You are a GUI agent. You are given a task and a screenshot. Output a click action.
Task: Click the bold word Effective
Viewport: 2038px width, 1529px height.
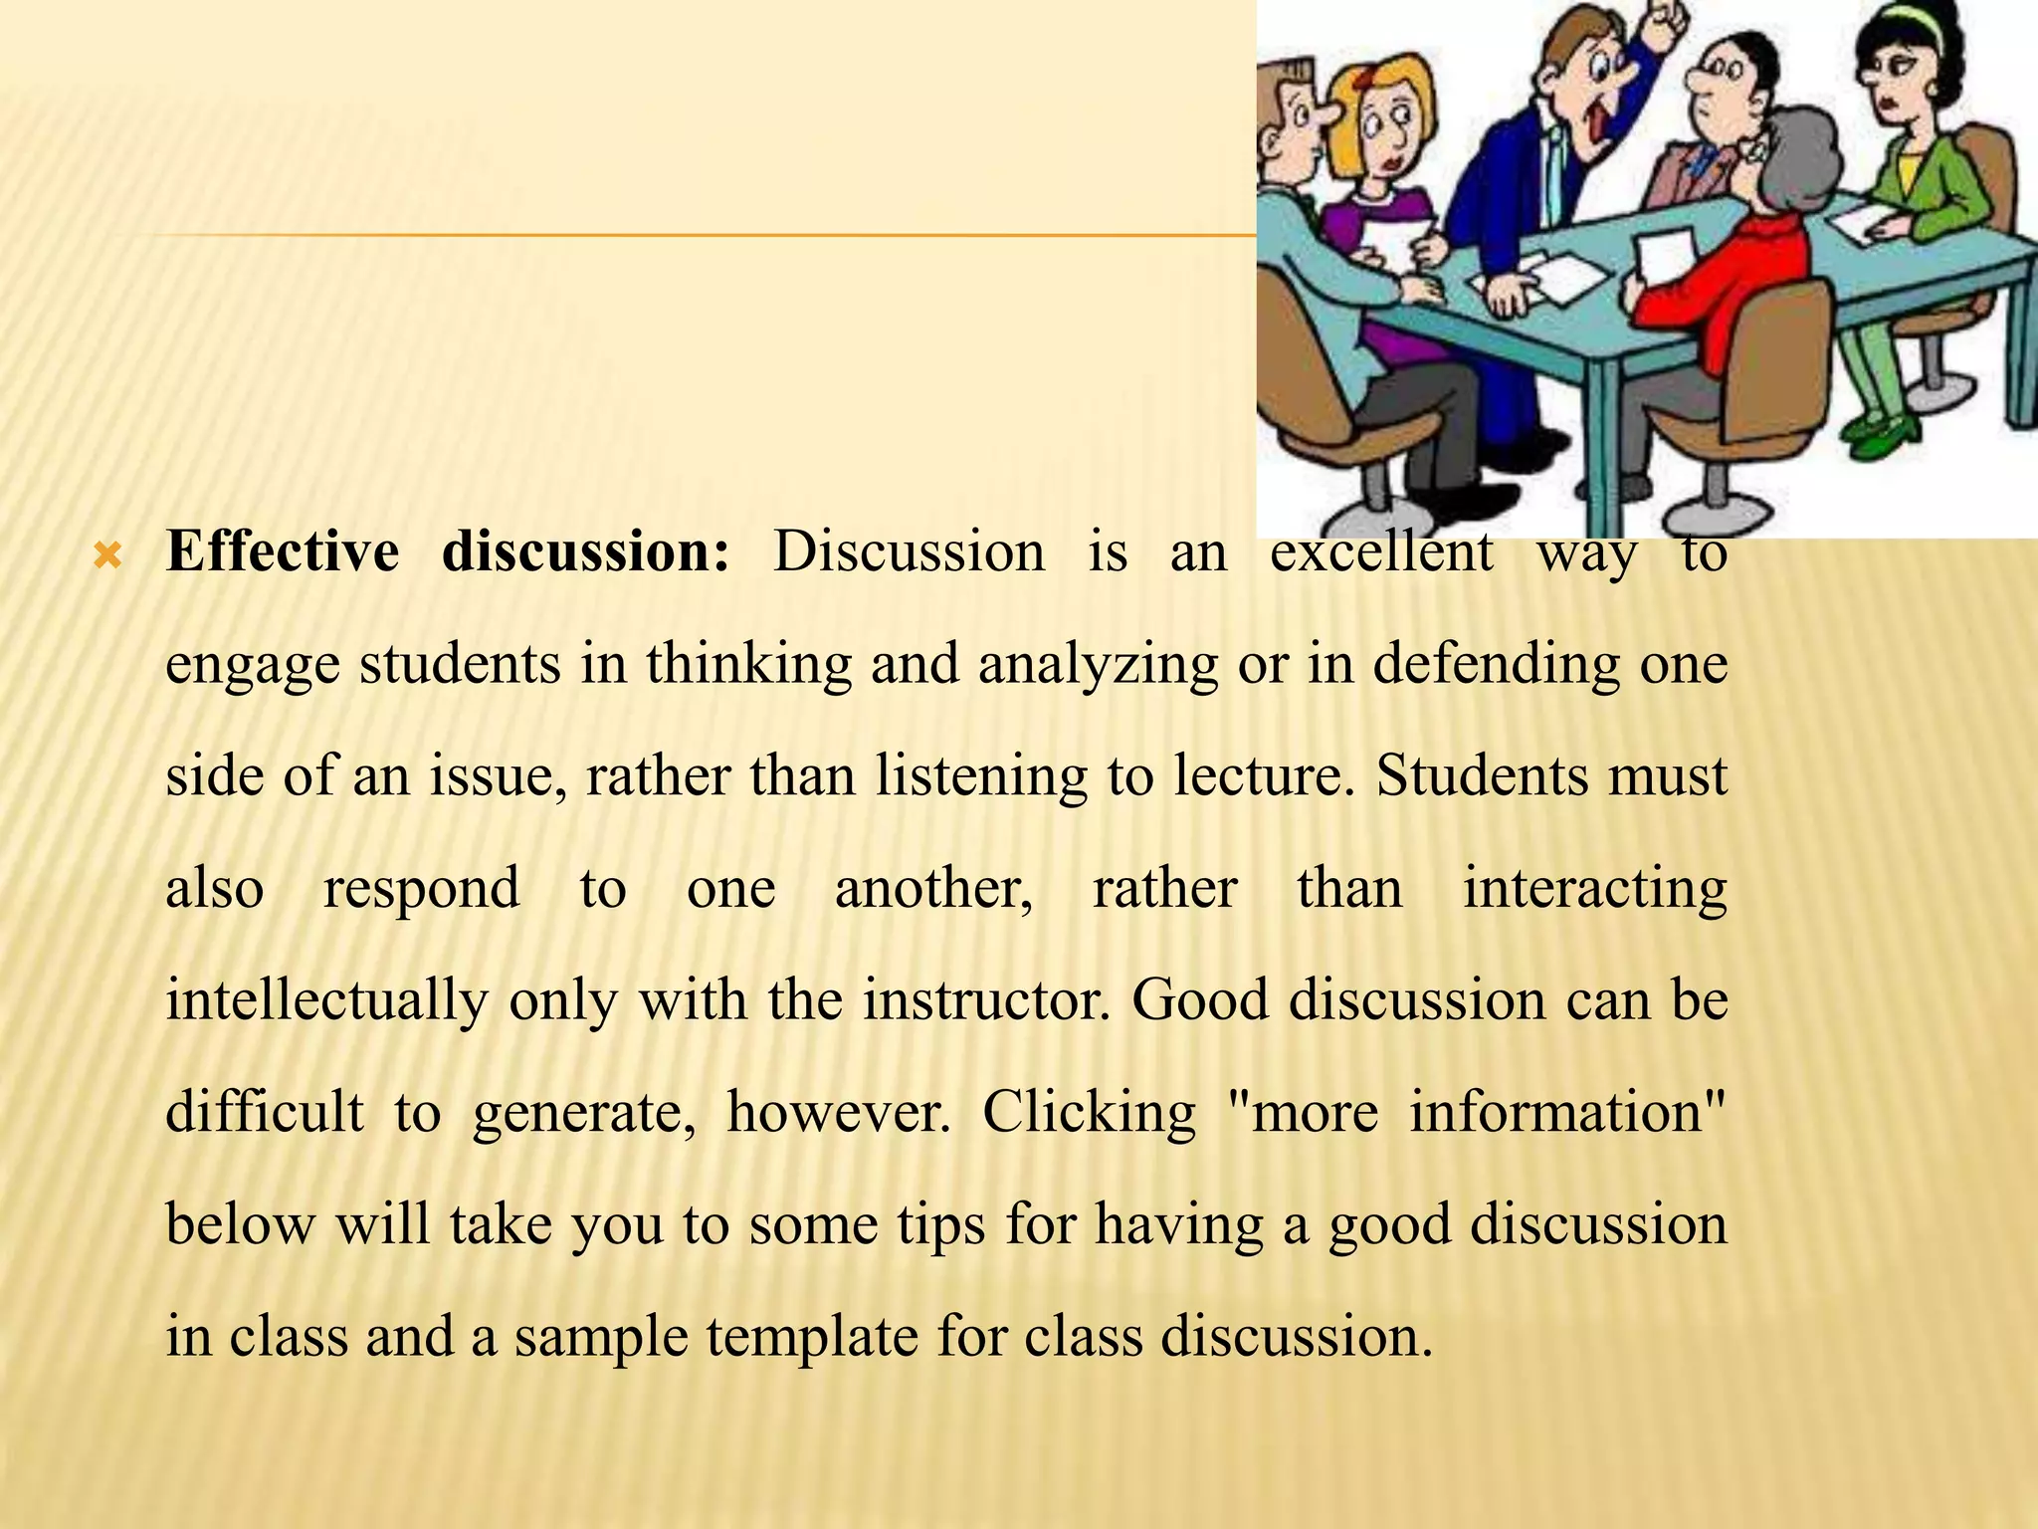tap(282, 551)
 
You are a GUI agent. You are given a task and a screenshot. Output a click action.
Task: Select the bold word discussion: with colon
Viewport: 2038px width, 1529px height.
tap(585, 551)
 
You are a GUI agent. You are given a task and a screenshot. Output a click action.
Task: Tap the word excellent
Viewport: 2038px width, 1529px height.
tap(1380, 553)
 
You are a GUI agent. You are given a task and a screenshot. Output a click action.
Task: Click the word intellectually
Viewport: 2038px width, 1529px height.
tap(326, 1000)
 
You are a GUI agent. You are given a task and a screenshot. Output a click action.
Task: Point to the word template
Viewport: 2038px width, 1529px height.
tap(812, 1337)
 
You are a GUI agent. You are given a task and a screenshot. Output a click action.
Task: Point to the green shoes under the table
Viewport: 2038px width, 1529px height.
tap(1876, 434)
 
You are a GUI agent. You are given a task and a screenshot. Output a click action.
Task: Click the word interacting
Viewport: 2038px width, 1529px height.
tap(1594, 889)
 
